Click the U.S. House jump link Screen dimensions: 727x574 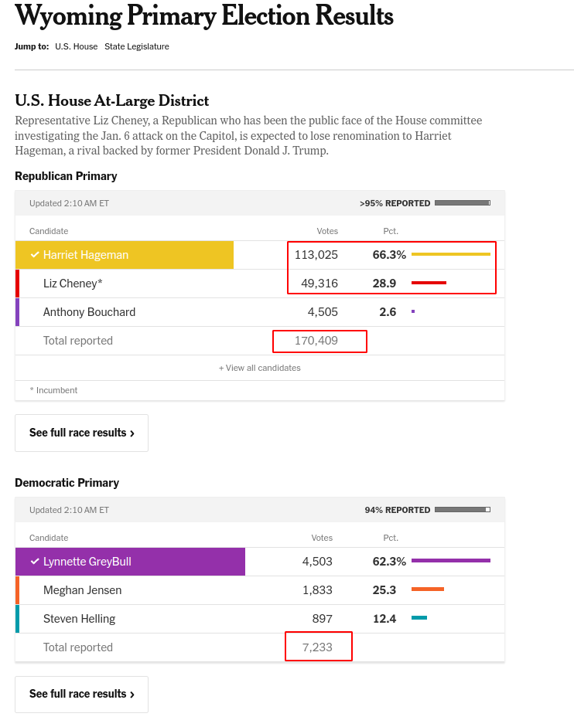tap(76, 46)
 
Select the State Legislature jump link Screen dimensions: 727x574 tap(136, 46)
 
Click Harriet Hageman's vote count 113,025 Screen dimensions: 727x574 tap(316, 255)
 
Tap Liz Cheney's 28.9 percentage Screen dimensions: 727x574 tap(384, 284)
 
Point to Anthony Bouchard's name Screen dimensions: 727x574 tap(89, 312)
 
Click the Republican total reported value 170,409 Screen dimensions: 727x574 tap(316, 341)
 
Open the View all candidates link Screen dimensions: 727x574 tap(260, 368)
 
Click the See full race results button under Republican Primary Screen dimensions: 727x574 tap(81, 433)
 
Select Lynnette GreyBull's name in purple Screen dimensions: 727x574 tap(87, 562)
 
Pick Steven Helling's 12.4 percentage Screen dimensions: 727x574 tap(384, 619)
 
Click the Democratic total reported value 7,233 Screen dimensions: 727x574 tap(317, 647)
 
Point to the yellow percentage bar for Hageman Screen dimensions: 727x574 tap(450, 254)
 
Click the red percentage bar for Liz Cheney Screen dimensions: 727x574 tap(429, 284)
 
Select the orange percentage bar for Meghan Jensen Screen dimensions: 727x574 tap(427, 589)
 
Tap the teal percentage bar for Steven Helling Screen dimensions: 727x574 tap(419, 618)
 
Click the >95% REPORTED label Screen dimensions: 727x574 tap(395, 203)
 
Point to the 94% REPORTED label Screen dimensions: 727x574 tap(397, 510)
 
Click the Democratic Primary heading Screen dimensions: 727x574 tap(67, 483)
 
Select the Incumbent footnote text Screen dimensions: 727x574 tap(53, 390)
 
